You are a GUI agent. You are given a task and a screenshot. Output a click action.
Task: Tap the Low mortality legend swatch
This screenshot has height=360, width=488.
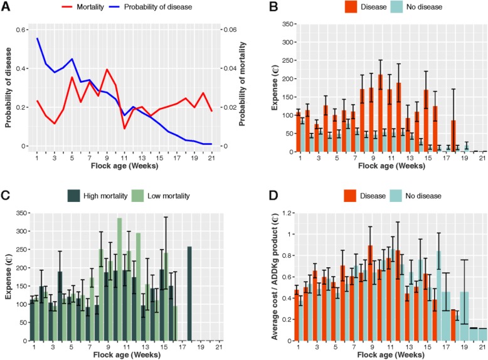click(139, 195)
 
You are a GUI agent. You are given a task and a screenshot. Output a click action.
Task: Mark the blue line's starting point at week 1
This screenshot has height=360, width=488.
click(38, 38)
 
